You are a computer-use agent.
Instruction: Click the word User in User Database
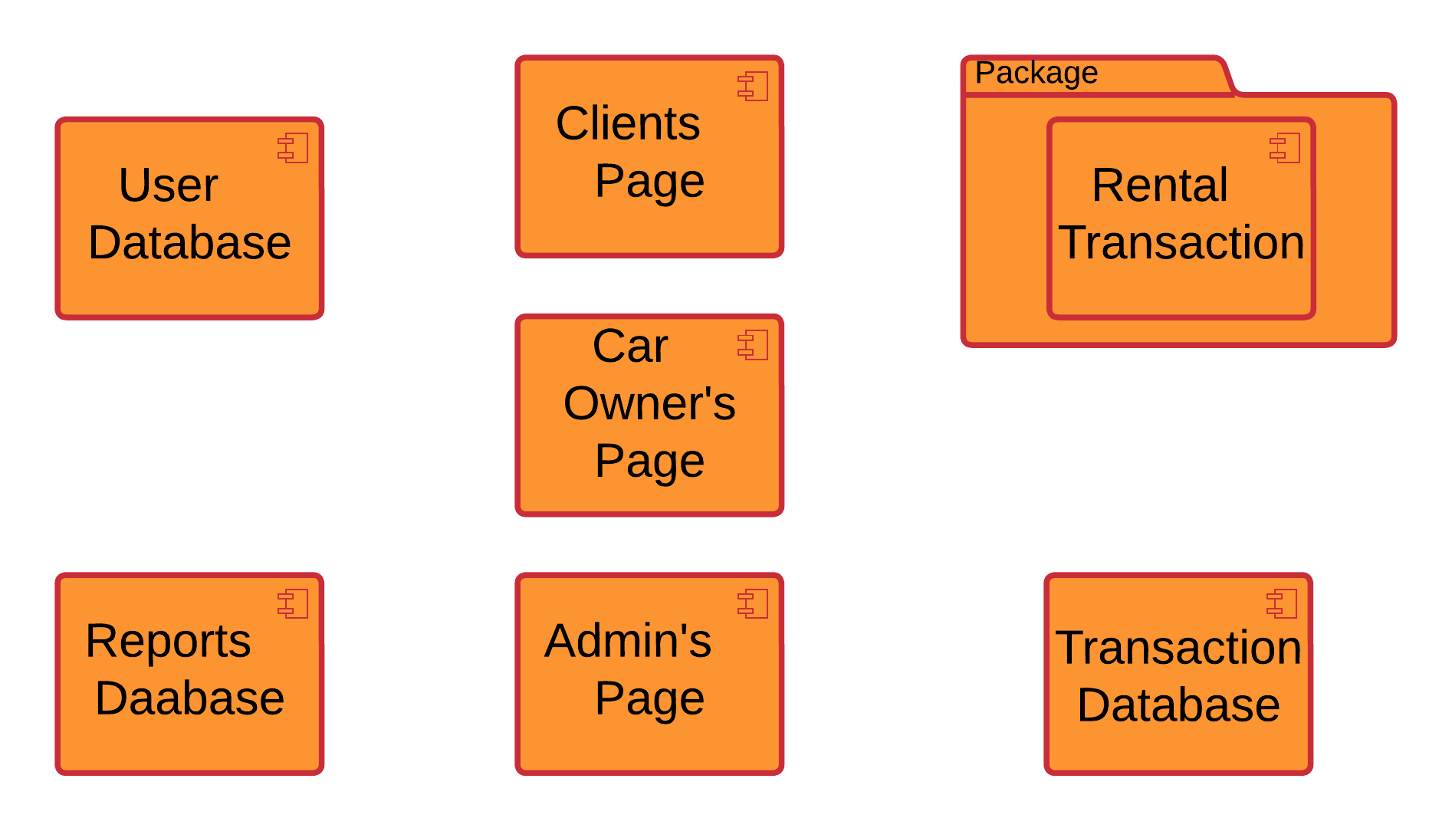(x=168, y=185)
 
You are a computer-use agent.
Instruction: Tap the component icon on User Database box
(x=293, y=148)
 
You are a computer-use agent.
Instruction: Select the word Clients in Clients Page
(x=627, y=123)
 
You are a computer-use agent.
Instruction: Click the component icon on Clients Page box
(x=753, y=86)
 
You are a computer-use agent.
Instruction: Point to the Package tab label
(x=1036, y=74)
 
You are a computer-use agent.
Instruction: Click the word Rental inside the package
(x=1159, y=185)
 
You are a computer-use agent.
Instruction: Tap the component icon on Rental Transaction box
(x=1285, y=148)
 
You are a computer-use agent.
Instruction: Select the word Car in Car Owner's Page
(x=630, y=346)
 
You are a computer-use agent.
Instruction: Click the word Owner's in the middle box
(x=649, y=403)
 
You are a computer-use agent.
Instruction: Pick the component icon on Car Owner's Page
(x=753, y=345)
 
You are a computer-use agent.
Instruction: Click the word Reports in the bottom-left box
(x=168, y=641)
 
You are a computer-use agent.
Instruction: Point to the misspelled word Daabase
(x=189, y=698)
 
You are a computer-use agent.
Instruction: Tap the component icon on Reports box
(x=293, y=604)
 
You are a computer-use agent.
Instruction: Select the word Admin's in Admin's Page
(x=627, y=641)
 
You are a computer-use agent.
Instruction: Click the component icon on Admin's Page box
(x=753, y=604)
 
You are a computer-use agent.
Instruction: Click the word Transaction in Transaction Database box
(x=1178, y=648)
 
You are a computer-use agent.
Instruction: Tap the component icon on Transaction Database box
(x=1282, y=604)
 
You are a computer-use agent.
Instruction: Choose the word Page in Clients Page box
(x=649, y=181)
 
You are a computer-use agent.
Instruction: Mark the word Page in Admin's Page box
(x=649, y=698)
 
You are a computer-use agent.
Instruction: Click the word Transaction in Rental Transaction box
(x=1181, y=242)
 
